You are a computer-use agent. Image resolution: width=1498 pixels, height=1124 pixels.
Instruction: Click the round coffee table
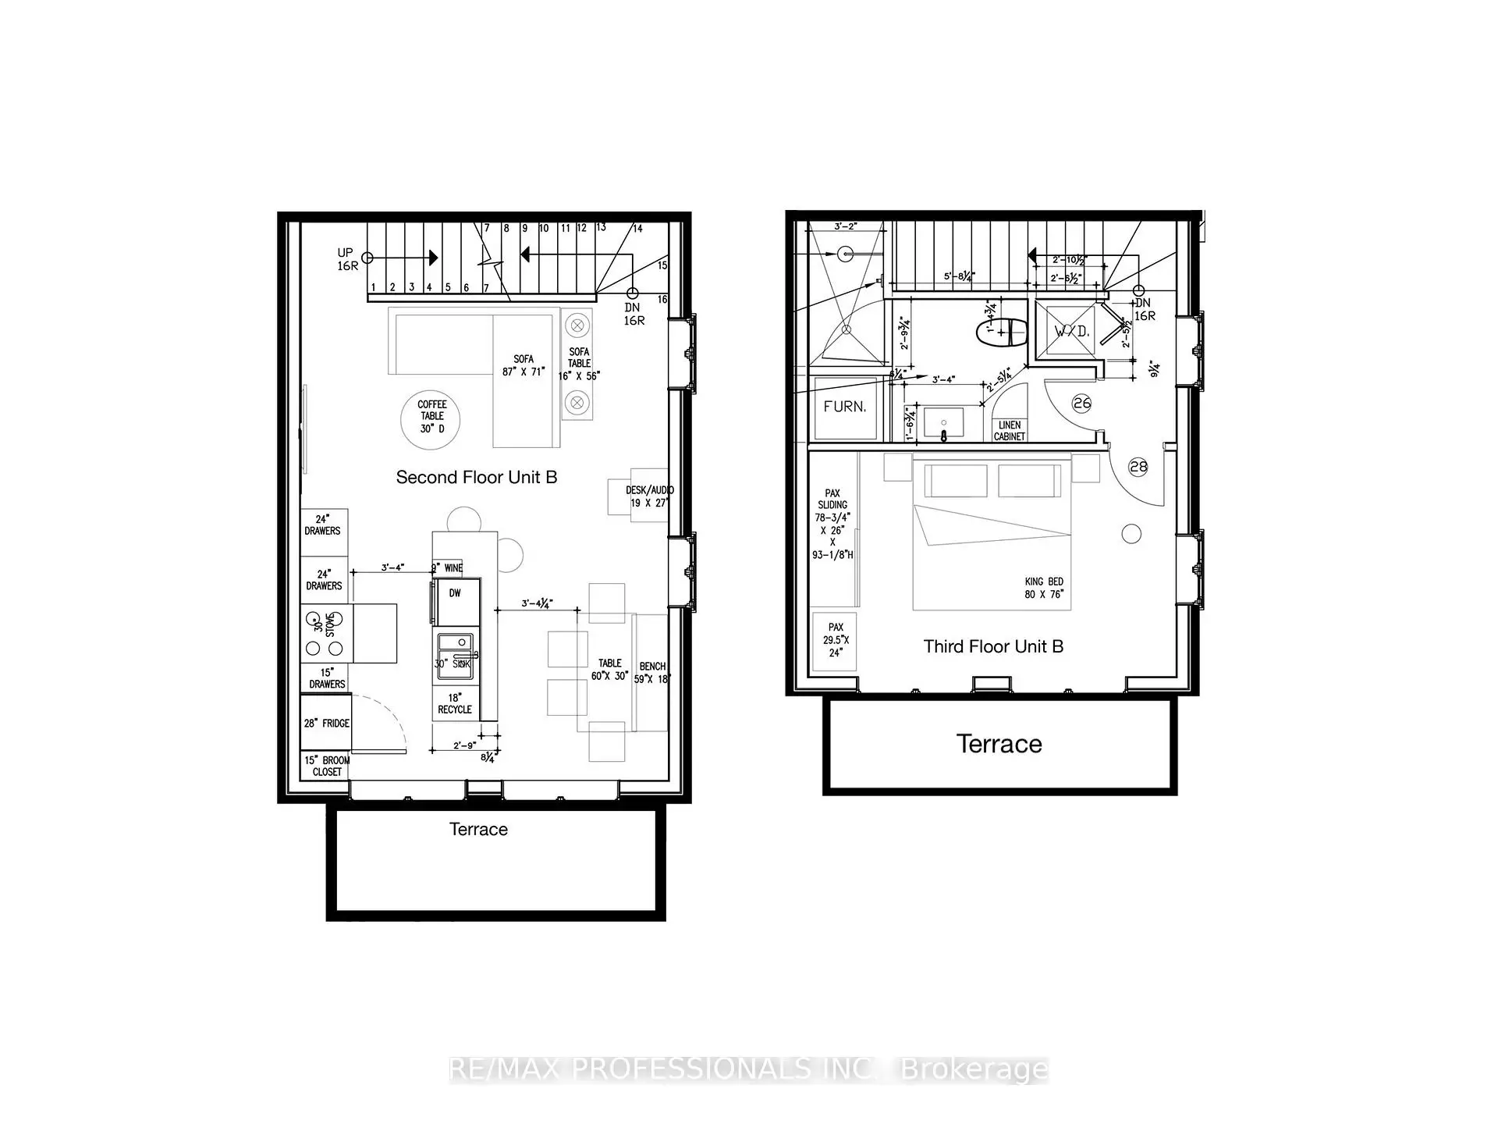430,420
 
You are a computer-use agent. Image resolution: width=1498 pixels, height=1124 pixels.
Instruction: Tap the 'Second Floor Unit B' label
477,477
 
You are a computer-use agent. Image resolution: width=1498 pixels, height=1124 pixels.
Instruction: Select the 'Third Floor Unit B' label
993,646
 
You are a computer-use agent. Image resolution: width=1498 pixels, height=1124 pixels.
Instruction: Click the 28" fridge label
326,723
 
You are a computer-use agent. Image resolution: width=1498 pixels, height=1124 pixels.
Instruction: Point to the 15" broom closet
326,766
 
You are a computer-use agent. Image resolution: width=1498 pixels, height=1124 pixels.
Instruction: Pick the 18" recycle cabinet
455,703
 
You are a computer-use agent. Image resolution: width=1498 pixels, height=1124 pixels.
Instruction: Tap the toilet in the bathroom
1002,333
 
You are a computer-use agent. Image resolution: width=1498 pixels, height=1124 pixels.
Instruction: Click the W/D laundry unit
1071,331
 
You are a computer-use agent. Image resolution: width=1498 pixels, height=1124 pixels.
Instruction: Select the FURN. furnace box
844,407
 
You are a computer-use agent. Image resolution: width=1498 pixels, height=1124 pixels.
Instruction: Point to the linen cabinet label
1010,431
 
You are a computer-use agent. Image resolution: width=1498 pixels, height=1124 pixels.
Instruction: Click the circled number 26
1081,404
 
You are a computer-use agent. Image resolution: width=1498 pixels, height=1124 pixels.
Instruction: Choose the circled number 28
1138,467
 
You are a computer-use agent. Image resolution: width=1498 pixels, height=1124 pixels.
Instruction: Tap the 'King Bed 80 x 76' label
1044,588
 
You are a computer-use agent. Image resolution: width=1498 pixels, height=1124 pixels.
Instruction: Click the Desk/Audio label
649,496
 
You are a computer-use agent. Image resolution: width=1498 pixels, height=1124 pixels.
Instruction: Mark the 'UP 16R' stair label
346,259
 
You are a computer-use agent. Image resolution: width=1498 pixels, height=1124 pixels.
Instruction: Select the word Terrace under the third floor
999,744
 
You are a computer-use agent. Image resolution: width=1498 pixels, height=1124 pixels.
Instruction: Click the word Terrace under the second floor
478,829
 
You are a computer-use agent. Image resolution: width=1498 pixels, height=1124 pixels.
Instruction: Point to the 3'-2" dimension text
845,226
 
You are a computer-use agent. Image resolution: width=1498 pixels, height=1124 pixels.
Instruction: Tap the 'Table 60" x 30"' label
609,670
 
